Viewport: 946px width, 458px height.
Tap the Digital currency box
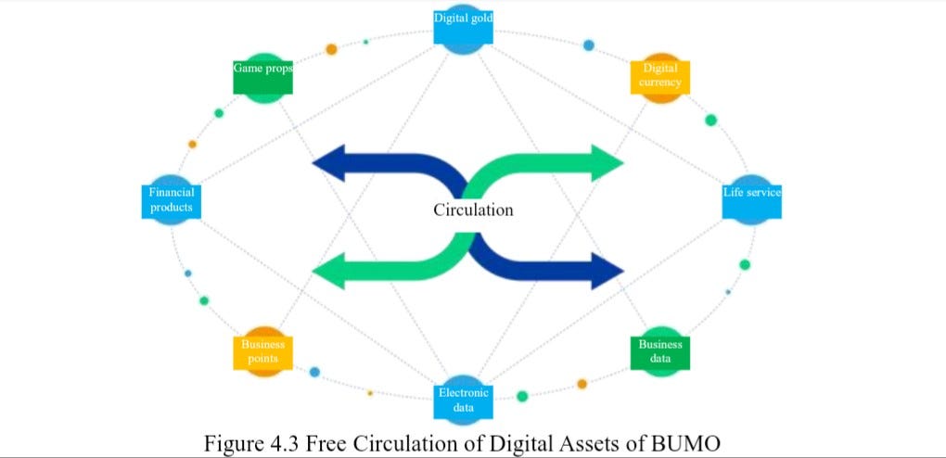659,76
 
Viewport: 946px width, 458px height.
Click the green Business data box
659,351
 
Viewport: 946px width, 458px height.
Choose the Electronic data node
464,401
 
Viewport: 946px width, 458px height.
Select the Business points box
262,351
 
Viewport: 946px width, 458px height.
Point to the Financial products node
171,199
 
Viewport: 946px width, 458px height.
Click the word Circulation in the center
473,210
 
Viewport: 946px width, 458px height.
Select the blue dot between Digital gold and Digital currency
588,45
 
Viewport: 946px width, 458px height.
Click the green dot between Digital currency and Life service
711,120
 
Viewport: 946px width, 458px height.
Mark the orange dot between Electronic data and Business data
582,383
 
